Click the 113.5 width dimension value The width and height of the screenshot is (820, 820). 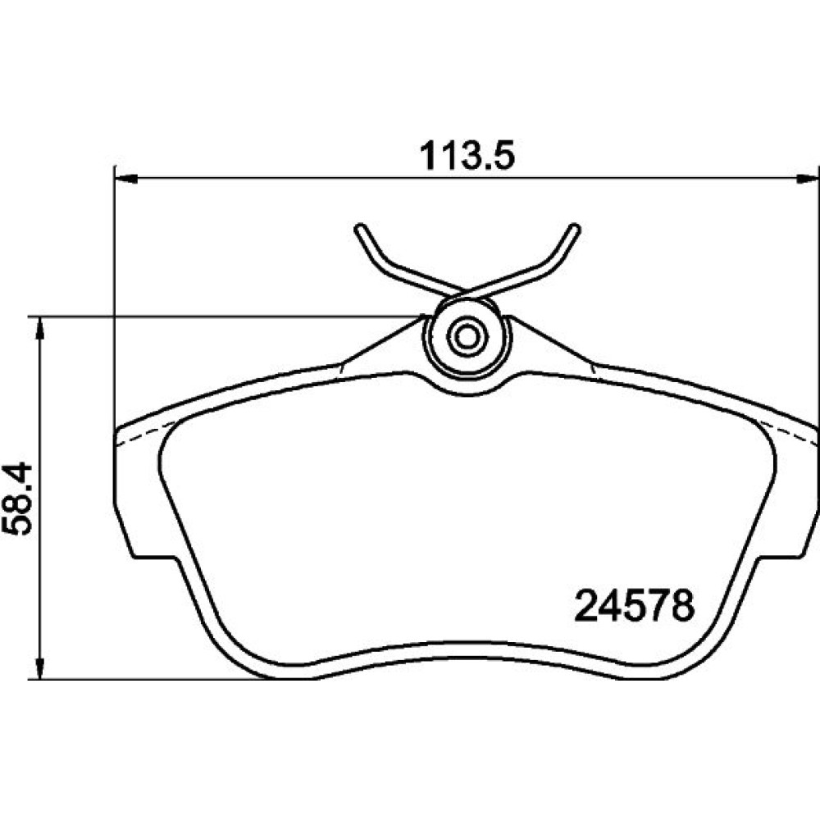tap(467, 155)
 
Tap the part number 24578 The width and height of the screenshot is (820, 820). tap(635, 606)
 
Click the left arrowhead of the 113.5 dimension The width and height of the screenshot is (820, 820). tap(125, 179)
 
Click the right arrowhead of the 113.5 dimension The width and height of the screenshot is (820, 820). tap(808, 179)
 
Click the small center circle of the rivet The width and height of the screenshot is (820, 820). tap(467, 337)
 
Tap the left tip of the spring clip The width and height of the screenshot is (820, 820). tap(360, 228)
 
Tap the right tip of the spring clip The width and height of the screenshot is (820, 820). tap(575, 228)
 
